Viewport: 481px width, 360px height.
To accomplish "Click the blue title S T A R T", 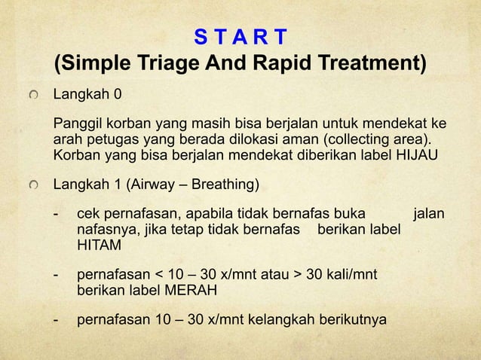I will (x=240, y=36).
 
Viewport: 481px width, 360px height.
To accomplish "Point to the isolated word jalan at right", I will (x=429, y=215).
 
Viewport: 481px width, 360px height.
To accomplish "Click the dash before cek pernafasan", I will (x=57, y=215).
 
